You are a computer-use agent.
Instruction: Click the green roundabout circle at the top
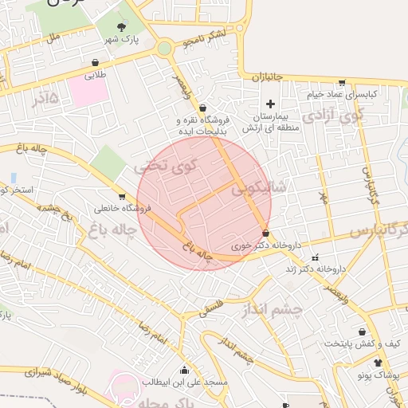pyautogui.click(x=164, y=48)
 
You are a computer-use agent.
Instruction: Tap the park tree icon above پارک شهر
pyautogui.click(x=121, y=27)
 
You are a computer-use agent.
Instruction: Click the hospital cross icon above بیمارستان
pyautogui.click(x=270, y=104)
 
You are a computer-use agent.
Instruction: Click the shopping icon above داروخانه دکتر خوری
pyautogui.click(x=265, y=233)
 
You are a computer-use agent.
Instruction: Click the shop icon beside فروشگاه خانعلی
pyautogui.click(x=121, y=196)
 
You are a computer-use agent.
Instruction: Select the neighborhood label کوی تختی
pyautogui.click(x=166, y=168)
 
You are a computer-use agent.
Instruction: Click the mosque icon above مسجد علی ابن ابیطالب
pyautogui.click(x=185, y=370)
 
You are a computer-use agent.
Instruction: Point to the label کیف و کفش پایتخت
pyautogui.click(x=363, y=343)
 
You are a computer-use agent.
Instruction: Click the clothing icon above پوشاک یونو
pyautogui.click(x=378, y=363)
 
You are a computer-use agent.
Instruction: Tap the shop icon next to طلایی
pyautogui.click(x=96, y=62)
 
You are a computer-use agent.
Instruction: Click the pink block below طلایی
pyautogui.click(x=88, y=90)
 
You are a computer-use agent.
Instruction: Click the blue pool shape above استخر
pyautogui.click(x=14, y=176)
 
